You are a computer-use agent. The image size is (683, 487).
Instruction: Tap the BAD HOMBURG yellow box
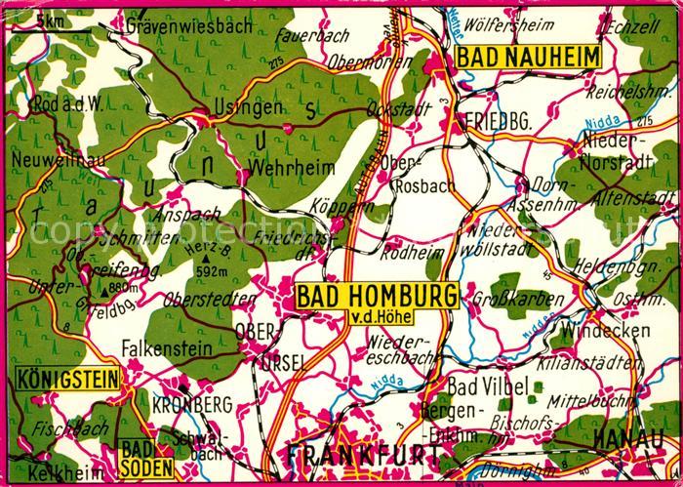376,294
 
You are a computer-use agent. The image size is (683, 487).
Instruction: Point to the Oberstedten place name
203,301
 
